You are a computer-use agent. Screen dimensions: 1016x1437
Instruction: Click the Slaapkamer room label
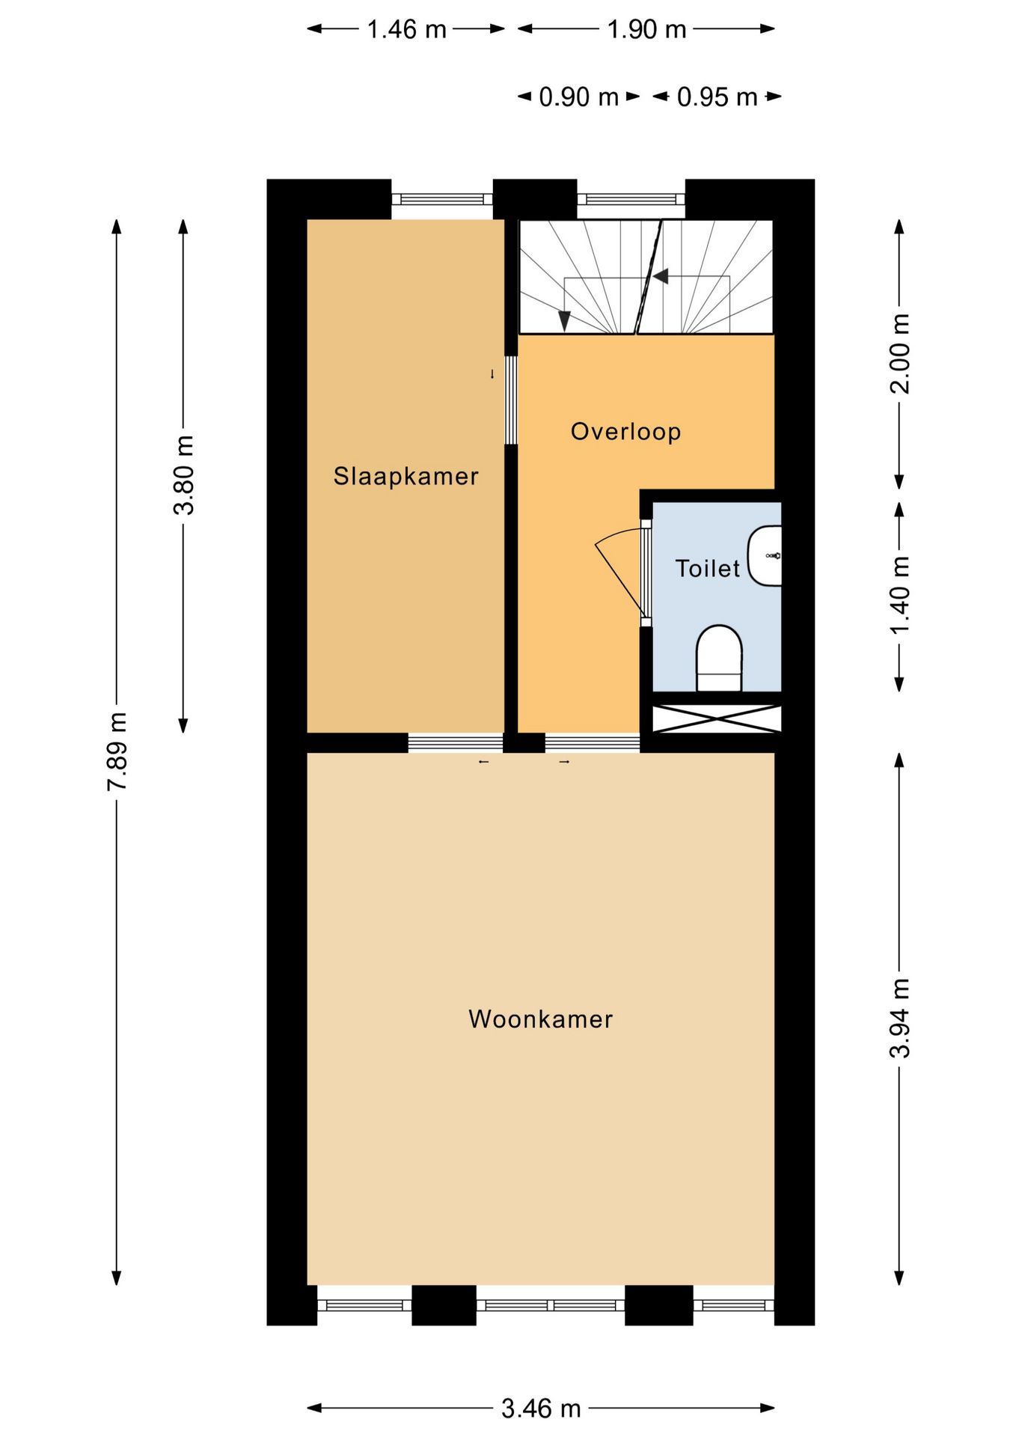coord(406,476)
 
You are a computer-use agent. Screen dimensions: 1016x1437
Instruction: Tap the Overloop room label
coord(625,432)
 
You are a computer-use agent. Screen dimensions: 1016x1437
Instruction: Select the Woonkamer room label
coord(540,1019)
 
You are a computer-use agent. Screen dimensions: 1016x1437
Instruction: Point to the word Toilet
coord(707,569)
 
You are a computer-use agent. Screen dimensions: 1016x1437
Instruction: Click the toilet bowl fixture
coord(719,659)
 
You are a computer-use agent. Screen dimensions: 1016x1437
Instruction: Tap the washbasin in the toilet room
coord(765,555)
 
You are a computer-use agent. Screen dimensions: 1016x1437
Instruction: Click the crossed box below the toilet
coord(717,718)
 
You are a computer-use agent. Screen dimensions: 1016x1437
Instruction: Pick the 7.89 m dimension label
coord(117,751)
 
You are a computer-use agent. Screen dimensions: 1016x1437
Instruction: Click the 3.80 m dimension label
coord(183,475)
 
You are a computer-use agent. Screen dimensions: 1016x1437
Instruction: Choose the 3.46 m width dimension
coord(540,1408)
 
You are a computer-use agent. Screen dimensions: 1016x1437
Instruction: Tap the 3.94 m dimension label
coord(899,1017)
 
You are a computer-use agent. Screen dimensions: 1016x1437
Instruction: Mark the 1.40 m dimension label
coord(899,595)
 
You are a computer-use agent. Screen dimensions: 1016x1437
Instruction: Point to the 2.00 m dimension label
coord(899,353)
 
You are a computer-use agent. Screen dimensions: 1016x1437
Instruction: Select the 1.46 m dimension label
coord(406,29)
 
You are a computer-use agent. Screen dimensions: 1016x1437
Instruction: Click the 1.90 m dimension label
coord(646,29)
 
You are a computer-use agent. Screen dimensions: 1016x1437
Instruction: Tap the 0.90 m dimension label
coord(579,97)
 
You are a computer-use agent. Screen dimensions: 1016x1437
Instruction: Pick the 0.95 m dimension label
coord(717,97)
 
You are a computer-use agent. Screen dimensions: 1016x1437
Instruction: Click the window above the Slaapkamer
coord(442,199)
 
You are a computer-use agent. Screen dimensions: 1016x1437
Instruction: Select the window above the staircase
coord(631,199)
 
